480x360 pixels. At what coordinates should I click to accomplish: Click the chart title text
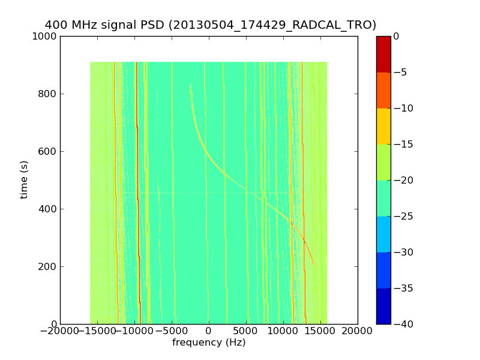coord(210,25)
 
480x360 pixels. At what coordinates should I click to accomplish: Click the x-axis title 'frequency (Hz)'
coord(209,343)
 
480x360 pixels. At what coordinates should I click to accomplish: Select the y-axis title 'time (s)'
coord(25,179)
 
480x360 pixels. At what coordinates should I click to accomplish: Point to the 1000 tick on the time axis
coord(46,37)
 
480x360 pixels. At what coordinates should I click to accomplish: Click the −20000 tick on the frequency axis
coord(60,331)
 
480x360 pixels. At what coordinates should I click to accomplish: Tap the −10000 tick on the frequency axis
coord(134,331)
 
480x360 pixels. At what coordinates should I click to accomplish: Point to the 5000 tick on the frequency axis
coord(246,331)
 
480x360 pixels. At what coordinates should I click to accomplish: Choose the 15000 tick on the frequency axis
coord(320,331)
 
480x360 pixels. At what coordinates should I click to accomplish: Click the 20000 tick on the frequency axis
coord(358,331)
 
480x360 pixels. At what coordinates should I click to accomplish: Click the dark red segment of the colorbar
coord(383,54)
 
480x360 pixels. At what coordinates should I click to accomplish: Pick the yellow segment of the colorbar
coord(383,126)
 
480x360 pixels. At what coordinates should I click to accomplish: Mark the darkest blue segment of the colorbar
coord(383,306)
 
